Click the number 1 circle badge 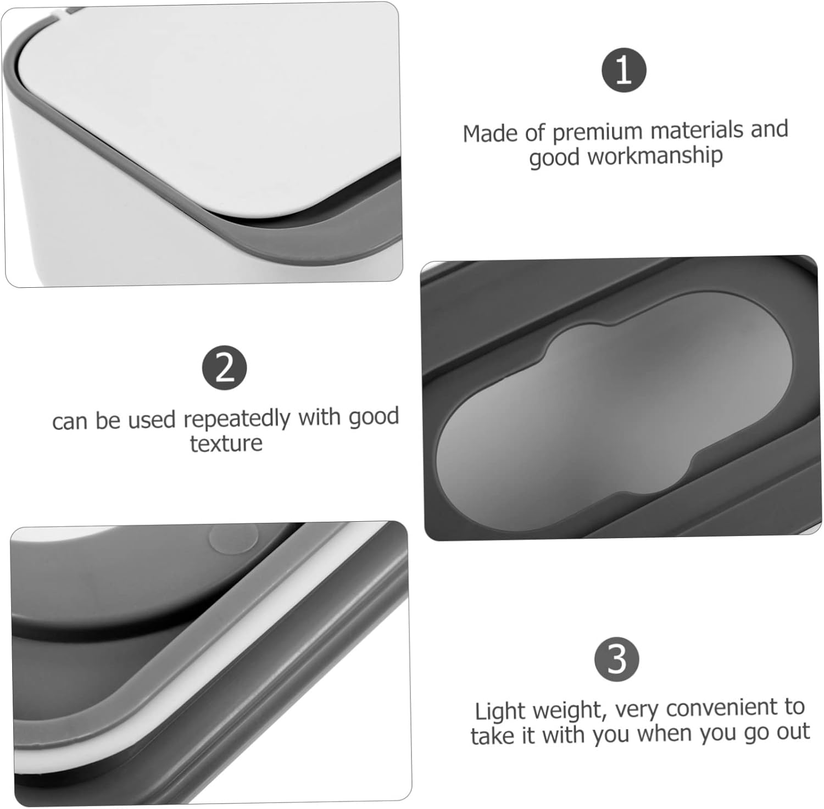tap(623, 70)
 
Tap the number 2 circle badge tap(225, 368)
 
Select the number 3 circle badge tap(617, 659)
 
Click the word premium tap(597, 132)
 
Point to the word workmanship tap(655, 156)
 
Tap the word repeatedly tap(237, 420)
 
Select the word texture tap(226, 443)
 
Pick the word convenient tap(722, 708)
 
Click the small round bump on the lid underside tap(233, 538)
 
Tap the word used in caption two tap(154, 420)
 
